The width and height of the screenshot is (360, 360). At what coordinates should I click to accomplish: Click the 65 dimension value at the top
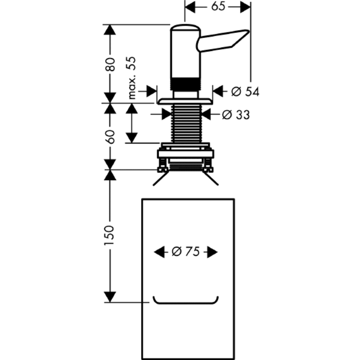click(218, 6)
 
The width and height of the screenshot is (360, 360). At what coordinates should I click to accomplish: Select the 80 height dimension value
click(110, 65)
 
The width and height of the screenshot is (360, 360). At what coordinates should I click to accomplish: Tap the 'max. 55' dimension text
click(132, 78)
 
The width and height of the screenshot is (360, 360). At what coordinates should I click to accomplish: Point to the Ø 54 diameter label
click(245, 92)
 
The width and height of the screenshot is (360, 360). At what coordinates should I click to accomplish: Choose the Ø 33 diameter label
click(236, 115)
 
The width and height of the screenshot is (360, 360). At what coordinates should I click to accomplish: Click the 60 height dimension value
click(110, 137)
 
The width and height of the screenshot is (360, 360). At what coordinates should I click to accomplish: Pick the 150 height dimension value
click(109, 236)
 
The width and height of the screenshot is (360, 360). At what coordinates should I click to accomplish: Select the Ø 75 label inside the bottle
click(186, 252)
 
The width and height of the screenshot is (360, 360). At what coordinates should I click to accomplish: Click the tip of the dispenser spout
click(249, 31)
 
